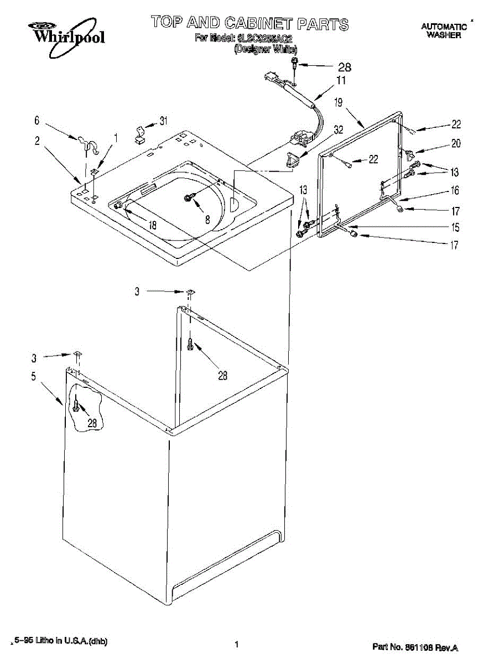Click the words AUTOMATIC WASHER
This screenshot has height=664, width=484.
[444, 30]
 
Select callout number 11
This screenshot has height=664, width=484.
[341, 81]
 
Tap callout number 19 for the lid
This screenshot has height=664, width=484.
[339, 102]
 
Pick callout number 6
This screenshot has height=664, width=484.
[37, 120]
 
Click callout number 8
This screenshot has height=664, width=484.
[207, 219]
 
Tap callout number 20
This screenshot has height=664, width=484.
[455, 143]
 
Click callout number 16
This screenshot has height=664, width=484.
[455, 190]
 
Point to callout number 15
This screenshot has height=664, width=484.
[455, 227]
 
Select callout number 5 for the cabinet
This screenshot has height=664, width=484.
[34, 377]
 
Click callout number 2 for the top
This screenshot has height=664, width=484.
[37, 141]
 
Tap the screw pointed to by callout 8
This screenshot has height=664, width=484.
[189, 198]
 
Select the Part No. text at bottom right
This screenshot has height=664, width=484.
[415, 647]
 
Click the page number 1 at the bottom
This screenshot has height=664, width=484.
[236, 644]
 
